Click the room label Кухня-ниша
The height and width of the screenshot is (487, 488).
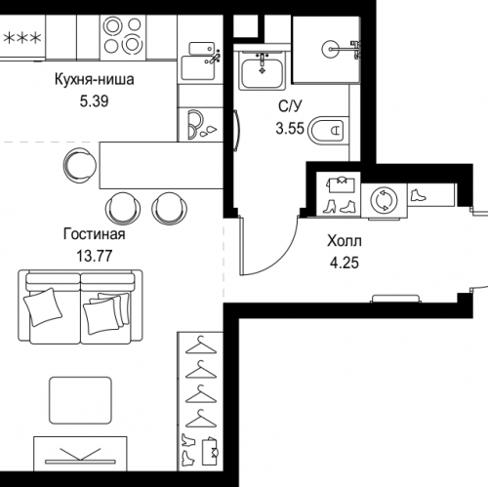point(95,80)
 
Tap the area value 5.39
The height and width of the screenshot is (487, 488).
point(95,101)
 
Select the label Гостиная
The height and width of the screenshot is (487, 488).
point(95,234)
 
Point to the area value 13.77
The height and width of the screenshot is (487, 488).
point(95,256)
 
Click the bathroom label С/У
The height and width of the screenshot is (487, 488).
point(290,106)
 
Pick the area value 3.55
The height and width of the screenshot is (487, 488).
point(290,128)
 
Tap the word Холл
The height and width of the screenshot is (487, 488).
point(345,241)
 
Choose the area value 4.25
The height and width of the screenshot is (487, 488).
point(345,263)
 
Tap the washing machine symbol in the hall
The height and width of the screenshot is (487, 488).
point(384,201)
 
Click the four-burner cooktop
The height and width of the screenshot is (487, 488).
point(123,37)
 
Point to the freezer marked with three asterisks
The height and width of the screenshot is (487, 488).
point(22,38)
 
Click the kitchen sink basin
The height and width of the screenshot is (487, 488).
point(198,68)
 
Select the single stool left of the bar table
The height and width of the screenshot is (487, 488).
point(80,165)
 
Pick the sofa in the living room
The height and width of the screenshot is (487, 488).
point(80,306)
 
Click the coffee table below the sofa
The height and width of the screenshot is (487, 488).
point(80,400)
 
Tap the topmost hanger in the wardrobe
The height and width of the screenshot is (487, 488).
point(201,345)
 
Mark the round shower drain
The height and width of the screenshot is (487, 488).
point(331,50)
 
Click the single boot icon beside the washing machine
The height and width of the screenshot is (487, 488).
point(418,195)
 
